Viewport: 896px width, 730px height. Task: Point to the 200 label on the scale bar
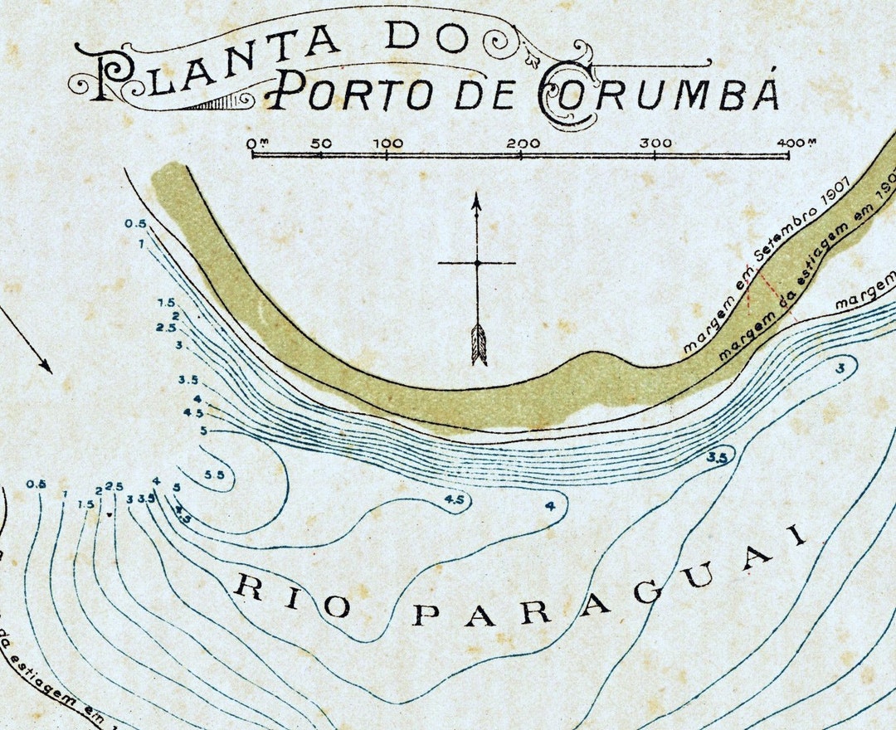click(x=523, y=143)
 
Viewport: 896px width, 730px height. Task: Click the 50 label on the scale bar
click(x=321, y=143)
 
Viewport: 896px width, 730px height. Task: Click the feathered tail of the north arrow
click(x=478, y=344)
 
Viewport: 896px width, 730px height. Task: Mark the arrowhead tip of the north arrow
click(x=476, y=196)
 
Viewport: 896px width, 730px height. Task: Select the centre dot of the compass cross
click(x=477, y=263)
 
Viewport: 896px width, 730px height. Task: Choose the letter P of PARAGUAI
click(x=426, y=615)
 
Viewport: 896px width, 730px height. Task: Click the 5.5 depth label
click(x=214, y=474)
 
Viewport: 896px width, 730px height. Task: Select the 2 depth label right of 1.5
click(x=98, y=490)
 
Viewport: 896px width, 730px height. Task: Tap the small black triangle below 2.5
click(x=110, y=515)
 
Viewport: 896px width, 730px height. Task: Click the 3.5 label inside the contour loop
click(x=718, y=457)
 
